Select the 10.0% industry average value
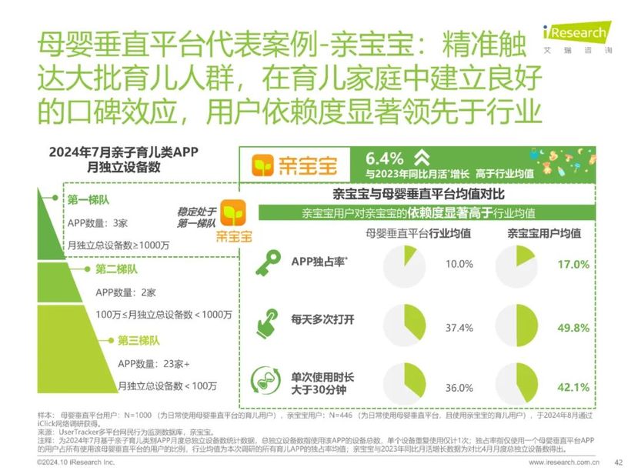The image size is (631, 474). click(x=459, y=264)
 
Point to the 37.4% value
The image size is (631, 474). click(x=459, y=328)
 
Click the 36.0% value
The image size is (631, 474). click(x=459, y=387)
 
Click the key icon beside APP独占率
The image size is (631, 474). click(x=272, y=262)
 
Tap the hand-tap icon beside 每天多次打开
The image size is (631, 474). click(x=272, y=322)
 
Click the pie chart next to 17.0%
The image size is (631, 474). click(x=517, y=263)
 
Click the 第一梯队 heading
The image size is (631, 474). click(x=85, y=200)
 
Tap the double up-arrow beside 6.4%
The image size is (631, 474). click(x=421, y=157)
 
